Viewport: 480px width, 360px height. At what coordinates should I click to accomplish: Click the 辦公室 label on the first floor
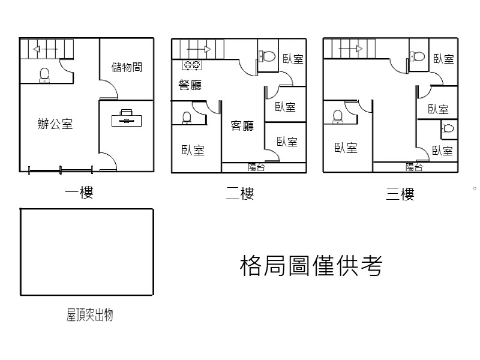55,125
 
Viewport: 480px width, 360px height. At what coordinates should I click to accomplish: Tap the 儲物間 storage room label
127,67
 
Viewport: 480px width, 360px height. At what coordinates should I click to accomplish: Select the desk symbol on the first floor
127,118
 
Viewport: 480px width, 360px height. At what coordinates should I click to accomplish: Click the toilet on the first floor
44,74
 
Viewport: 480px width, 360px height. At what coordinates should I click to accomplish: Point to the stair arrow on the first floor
45,49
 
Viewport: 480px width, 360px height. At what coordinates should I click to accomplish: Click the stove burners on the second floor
192,64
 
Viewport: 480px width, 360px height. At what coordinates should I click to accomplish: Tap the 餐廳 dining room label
190,85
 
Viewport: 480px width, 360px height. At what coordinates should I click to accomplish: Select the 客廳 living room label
242,126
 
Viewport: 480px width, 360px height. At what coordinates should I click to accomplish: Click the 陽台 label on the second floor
256,167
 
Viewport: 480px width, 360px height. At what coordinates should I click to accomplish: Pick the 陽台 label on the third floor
414,167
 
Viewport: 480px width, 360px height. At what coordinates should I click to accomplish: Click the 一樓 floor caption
79,193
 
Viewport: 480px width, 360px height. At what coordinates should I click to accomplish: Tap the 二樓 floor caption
239,193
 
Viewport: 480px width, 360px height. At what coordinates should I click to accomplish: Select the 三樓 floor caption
400,193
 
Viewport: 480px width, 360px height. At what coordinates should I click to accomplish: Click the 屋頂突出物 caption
89,315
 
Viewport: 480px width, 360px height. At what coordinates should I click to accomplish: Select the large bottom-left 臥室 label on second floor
193,150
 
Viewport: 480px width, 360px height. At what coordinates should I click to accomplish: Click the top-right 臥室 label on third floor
443,59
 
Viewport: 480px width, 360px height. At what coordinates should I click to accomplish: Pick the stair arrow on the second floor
198,49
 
